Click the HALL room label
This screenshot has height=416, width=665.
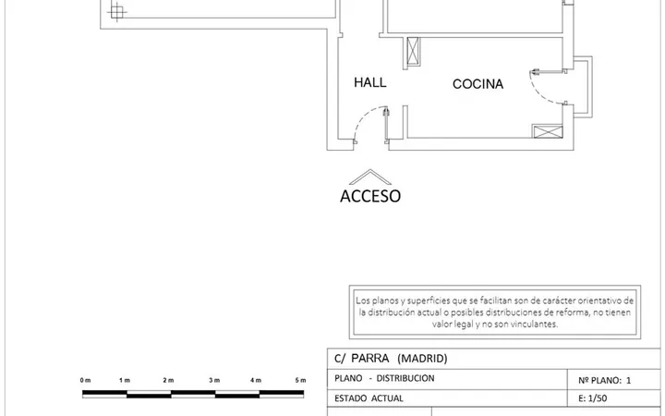click(x=369, y=82)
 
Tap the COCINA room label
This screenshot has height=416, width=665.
click(x=478, y=84)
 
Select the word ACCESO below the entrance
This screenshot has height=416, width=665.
click(x=370, y=196)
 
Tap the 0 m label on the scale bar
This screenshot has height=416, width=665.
click(x=85, y=380)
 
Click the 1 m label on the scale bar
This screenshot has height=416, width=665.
click(x=125, y=380)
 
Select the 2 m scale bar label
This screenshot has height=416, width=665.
click(x=168, y=380)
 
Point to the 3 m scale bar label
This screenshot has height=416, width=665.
click(x=214, y=380)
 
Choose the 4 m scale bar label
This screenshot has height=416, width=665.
click(x=256, y=380)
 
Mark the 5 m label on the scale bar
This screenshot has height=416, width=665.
click(x=300, y=380)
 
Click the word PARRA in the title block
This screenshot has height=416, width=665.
click(x=369, y=359)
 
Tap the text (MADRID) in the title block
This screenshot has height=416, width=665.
click(x=422, y=359)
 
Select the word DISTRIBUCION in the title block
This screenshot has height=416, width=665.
click(x=405, y=378)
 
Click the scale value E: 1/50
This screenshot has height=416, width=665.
click(x=592, y=398)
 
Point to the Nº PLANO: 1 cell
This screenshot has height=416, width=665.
click(x=605, y=380)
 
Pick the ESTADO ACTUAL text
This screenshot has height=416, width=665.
click(x=369, y=398)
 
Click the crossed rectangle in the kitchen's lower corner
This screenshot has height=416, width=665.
click(x=548, y=131)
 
